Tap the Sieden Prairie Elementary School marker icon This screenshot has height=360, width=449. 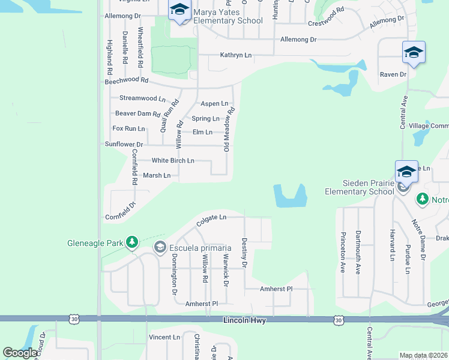click(406, 172)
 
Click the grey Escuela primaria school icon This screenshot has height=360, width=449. click(160, 247)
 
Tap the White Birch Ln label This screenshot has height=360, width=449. click(173, 161)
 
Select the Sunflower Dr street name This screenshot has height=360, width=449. click(124, 145)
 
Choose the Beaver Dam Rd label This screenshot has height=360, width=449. click(137, 113)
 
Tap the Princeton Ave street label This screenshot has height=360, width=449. click(343, 251)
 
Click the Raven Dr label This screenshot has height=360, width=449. click(393, 75)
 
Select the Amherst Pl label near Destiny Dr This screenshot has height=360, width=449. click(275, 289)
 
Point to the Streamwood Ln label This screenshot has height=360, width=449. click(142, 98)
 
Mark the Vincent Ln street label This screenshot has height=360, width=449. click(164, 338)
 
